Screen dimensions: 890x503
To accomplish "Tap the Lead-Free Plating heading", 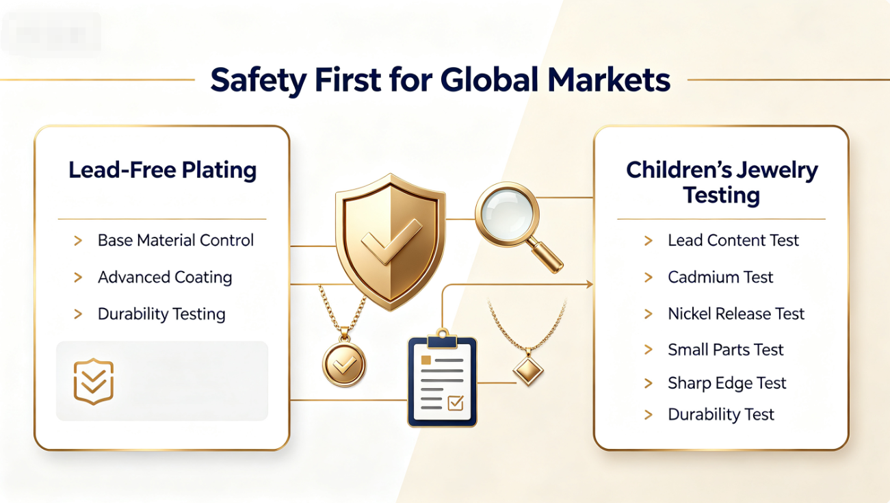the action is click(163, 170).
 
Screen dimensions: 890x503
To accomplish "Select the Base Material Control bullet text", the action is click(176, 240).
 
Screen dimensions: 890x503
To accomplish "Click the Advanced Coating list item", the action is click(165, 277).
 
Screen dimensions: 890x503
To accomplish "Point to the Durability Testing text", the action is click(161, 314).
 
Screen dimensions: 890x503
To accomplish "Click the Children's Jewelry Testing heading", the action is click(722, 183).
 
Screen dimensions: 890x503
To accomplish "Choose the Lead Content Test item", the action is click(733, 240).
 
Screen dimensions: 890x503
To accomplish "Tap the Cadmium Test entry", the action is click(720, 277).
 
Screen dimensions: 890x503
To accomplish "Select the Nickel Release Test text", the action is click(736, 313).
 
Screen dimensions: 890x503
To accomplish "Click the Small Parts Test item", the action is click(726, 350).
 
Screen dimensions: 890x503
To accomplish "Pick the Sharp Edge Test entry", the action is click(727, 383).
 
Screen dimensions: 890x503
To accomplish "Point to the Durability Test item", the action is click(721, 414).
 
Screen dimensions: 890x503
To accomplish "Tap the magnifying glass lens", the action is click(507, 214).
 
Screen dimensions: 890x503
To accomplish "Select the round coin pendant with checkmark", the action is click(344, 364).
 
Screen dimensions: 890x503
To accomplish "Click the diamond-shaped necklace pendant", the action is click(528, 371).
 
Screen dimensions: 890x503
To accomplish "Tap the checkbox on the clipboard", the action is click(456, 403).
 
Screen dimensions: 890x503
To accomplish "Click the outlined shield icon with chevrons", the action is click(94, 381).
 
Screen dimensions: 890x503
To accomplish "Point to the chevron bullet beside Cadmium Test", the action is click(649, 277).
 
